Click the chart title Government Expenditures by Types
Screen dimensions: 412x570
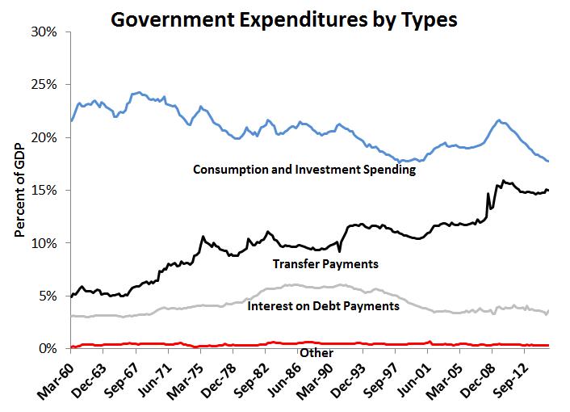284,19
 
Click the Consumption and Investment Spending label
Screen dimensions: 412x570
304,170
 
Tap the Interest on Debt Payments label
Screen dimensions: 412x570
323,306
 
